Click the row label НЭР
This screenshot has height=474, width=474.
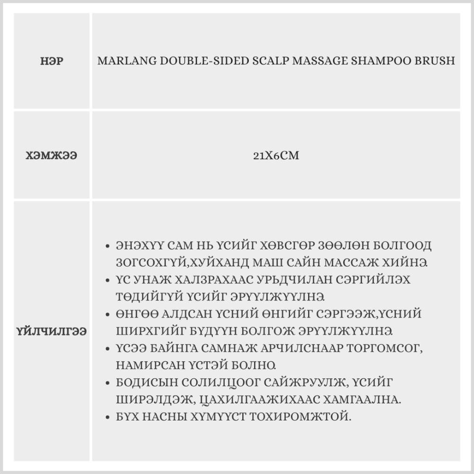[52, 61]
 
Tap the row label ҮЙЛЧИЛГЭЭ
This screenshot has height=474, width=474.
[52, 331]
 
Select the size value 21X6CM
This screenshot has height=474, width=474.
[276, 155]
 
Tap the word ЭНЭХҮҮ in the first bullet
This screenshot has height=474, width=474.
[137, 246]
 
